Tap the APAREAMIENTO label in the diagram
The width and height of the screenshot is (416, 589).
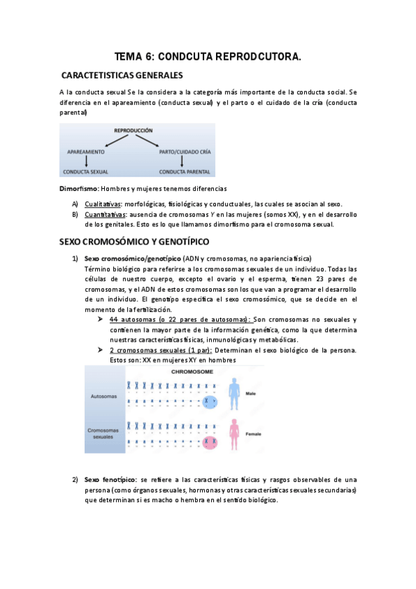pyautogui.click(x=86, y=151)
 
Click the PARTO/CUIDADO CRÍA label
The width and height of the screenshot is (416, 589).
pyautogui.click(x=184, y=151)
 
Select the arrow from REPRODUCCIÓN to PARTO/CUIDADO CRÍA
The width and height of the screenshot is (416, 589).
pyautogui.click(x=159, y=140)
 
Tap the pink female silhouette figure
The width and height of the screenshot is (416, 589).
pyautogui.click(x=234, y=433)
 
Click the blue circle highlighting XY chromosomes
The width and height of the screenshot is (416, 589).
pyautogui.click(x=208, y=401)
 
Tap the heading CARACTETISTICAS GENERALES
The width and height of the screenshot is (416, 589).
pyautogui.click(x=122, y=74)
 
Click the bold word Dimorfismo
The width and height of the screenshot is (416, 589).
pyautogui.click(x=78, y=189)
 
